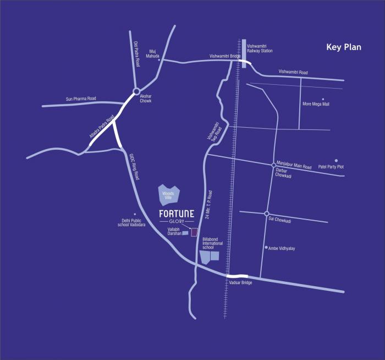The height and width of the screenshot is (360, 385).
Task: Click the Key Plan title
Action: [x=344, y=47]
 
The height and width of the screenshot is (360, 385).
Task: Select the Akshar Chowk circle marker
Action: [x=136, y=91]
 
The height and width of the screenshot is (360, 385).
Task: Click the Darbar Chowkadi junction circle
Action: [x=273, y=165]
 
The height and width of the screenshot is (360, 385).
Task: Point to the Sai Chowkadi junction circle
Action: [x=266, y=214]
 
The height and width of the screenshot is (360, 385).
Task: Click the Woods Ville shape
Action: [x=168, y=194]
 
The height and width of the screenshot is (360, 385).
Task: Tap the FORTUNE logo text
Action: [x=177, y=214]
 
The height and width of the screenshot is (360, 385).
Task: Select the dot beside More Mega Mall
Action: [x=323, y=99]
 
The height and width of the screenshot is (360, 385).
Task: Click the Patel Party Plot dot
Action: [x=336, y=161]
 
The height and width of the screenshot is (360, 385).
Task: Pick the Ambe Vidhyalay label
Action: [x=282, y=248]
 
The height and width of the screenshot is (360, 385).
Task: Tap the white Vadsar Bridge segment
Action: [x=238, y=276]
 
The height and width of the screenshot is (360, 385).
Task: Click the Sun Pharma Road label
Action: [x=81, y=99]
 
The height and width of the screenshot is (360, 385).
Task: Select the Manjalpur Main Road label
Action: [x=294, y=167]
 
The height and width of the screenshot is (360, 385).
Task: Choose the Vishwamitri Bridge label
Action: [x=226, y=56]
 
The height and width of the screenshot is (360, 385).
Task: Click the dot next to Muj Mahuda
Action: [x=159, y=59]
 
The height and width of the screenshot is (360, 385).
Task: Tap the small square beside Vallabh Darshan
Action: [x=193, y=232]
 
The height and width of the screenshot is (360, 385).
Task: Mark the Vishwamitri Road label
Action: [x=293, y=72]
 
